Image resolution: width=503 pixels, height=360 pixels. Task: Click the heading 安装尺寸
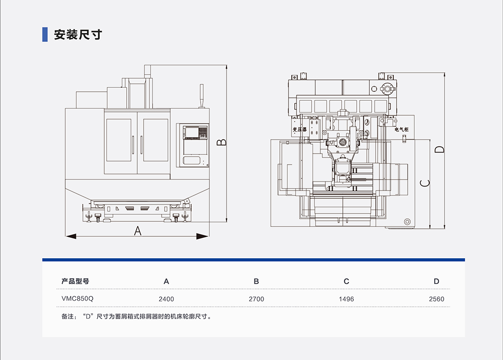pyautogui.click(x=78, y=34)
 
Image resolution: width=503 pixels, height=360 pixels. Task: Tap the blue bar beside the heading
pyautogui.click(x=45, y=34)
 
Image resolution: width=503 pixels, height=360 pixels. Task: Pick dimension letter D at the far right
pyautogui.click(x=439, y=149)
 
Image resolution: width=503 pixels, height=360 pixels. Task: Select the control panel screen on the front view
pyautogui.click(x=191, y=133)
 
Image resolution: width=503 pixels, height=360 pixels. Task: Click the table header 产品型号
pyautogui.click(x=75, y=281)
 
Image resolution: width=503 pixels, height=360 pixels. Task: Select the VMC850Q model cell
pyautogui.click(x=77, y=299)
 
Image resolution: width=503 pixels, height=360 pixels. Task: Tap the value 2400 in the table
pyautogui.click(x=166, y=299)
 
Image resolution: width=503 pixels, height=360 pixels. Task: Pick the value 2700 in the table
pyautogui.click(x=256, y=299)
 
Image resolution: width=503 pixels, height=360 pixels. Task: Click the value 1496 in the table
pyautogui.click(x=346, y=299)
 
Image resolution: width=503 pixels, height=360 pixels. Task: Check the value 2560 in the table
pyautogui.click(x=436, y=299)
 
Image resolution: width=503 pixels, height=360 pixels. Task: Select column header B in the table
pyautogui.click(x=256, y=281)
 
